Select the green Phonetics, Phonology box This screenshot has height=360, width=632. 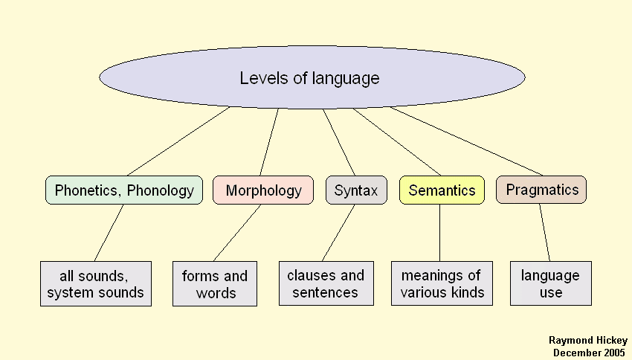123,190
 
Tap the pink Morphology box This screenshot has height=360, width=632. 263,190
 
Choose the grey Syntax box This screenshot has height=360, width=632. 356,190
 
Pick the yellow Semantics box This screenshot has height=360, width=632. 442,190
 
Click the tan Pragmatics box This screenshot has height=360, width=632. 541,190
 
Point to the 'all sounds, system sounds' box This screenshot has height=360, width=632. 95,283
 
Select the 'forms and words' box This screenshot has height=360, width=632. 214,283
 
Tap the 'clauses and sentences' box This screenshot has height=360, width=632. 325,283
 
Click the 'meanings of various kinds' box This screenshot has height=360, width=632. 442,283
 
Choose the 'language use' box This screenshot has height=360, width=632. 550,283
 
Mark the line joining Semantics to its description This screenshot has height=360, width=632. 439,232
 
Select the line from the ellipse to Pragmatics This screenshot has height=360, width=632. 467,141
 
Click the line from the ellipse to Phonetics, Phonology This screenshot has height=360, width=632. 178,141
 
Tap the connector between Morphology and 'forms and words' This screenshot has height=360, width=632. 237,232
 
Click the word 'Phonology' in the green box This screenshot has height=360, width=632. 161,190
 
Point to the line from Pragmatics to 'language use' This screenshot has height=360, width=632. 545,232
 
